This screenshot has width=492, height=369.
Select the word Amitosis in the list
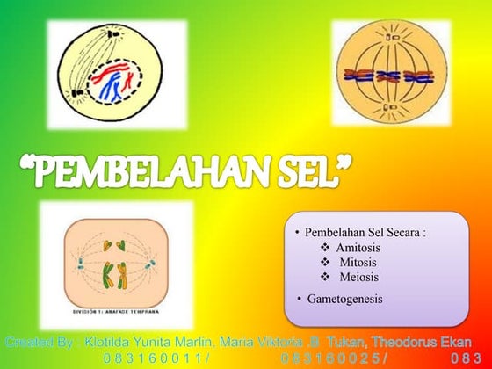(358, 249)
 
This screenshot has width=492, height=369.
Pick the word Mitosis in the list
(358, 263)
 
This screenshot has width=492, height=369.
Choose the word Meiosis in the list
(358, 278)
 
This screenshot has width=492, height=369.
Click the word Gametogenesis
(345, 299)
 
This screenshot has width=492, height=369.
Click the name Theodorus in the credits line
(405, 341)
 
